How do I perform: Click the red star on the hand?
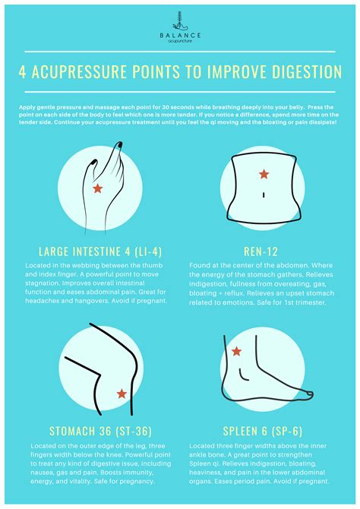96,188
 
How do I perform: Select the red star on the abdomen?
264,174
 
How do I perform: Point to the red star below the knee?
122,394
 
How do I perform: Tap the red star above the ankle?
237,351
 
